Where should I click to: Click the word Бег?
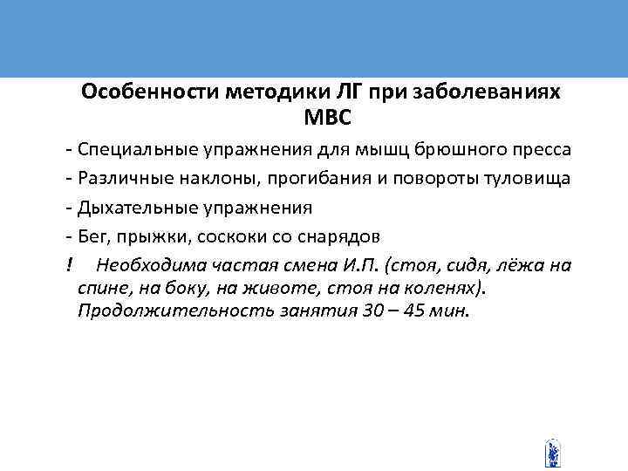tap(92, 237)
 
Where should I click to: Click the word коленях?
tap(443, 289)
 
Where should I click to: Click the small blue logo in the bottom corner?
tap(551, 452)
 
